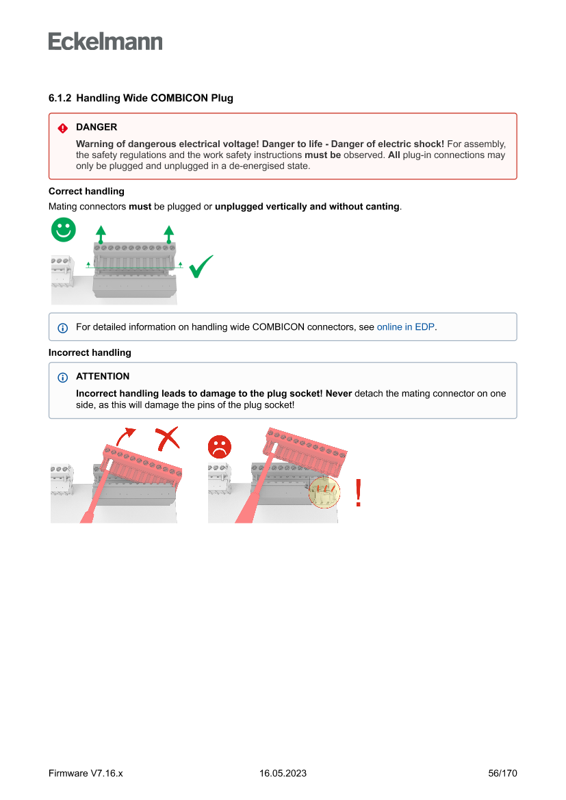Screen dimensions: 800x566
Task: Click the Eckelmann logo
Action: pyautogui.click(x=105, y=42)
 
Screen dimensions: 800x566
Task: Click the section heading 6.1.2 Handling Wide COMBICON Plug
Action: pyautogui.click(x=140, y=98)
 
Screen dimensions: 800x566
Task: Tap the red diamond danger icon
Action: pyautogui.click(x=62, y=128)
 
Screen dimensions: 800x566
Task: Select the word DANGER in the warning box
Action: pyautogui.click(x=97, y=127)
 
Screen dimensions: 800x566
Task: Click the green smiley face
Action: pyautogui.click(x=64, y=230)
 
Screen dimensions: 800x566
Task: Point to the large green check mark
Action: pyautogui.click(x=201, y=266)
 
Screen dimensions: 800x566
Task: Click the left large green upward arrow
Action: pyautogui.click(x=101, y=233)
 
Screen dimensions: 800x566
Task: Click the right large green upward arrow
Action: pyautogui.click(x=168, y=233)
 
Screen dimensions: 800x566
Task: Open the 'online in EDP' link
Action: pyautogui.click(x=405, y=327)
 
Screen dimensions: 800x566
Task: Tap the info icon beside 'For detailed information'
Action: pyautogui.click(x=62, y=328)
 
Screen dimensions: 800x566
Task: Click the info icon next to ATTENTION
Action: pyautogui.click(x=62, y=377)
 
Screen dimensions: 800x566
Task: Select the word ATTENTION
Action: pyautogui.click(x=103, y=376)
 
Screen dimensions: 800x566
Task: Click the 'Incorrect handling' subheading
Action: pyautogui.click(x=90, y=352)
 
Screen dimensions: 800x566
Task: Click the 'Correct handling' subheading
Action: pyautogui.click(x=86, y=191)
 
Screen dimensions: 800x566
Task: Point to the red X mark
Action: pyautogui.click(x=167, y=439)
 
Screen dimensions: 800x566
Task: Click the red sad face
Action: pyautogui.click(x=220, y=447)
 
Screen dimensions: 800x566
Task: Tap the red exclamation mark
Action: pyautogui.click(x=358, y=493)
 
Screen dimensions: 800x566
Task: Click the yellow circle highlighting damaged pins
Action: pyautogui.click(x=324, y=492)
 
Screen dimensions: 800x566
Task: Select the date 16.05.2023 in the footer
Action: pyautogui.click(x=283, y=773)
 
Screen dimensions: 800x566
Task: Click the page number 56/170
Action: pyautogui.click(x=502, y=773)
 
